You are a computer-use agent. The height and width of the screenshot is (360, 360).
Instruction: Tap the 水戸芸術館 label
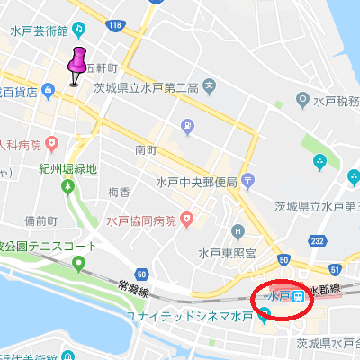pos(40,31)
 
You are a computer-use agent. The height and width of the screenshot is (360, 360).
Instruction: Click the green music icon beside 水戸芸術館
pos(82,31)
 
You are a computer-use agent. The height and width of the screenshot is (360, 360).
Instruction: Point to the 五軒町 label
pos(102,67)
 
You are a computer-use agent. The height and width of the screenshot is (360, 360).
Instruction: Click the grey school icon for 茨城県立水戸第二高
pos(210,87)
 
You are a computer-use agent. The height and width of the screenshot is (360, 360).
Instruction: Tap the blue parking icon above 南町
pos(187,126)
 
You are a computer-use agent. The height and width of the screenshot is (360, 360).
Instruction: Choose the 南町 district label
pos(146,149)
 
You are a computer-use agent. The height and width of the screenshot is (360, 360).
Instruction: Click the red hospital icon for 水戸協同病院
pos(186,219)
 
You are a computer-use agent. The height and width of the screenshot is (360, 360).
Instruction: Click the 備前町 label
pos(40,220)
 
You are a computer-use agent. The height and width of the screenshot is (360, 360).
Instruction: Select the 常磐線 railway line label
pos(133,286)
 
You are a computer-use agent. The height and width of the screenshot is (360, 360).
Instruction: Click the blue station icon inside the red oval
pos(297,295)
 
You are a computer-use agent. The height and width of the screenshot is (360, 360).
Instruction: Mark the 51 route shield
pos(336,268)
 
